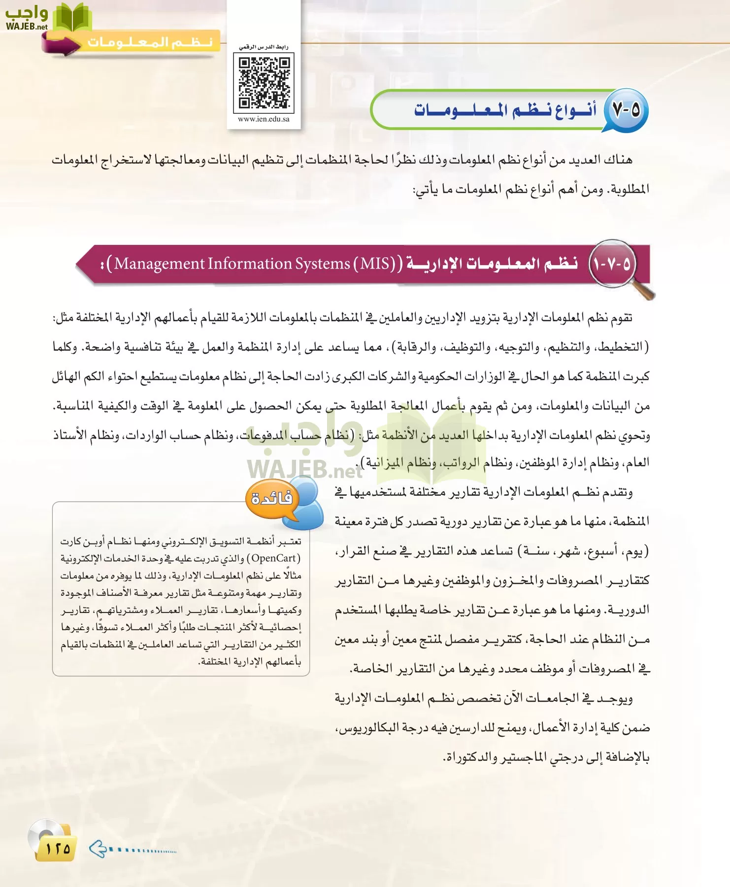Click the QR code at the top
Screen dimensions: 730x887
264,82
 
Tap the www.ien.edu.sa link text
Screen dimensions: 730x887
264,119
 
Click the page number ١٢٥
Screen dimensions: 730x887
58,849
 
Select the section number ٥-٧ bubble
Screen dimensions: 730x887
626,110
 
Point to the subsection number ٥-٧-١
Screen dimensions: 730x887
612,264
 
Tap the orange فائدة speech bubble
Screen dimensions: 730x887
272,499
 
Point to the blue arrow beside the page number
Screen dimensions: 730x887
98,849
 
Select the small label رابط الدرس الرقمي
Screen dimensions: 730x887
264,47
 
